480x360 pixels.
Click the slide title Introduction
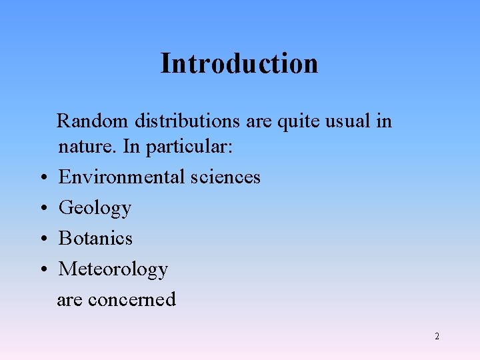[x=239, y=64]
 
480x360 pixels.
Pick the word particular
[x=189, y=147]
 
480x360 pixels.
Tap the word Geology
[x=95, y=209]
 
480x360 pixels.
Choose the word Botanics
[x=95, y=238]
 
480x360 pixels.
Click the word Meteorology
[x=113, y=269]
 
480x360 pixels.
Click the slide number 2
[x=437, y=336]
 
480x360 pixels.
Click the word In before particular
[x=131, y=147]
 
